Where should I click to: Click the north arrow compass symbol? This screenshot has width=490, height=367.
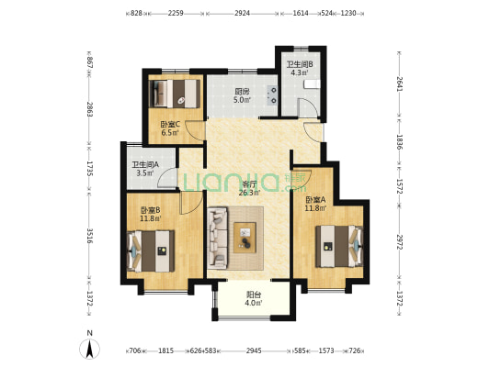pos(90,348)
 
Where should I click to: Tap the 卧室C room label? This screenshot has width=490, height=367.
pos(170,125)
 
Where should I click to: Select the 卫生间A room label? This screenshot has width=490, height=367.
pos(145,164)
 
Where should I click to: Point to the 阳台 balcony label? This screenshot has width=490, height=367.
pos(254,295)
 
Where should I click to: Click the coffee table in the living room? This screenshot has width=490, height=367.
pos(245,238)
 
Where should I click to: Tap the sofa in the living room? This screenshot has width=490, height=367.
pos(217,238)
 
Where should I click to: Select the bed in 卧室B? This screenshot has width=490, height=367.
pos(151,251)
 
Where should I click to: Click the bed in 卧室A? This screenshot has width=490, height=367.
pos(339,246)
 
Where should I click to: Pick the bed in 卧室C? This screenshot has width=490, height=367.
pos(175,94)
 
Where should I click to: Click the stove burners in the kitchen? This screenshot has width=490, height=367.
pos(272,95)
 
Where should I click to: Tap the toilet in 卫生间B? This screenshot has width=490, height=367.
pos(312,83)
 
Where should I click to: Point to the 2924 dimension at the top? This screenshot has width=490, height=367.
pos(242,14)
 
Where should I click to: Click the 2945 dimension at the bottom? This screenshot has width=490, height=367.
pos(254,351)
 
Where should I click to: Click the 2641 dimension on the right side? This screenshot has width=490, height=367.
pos(399,84)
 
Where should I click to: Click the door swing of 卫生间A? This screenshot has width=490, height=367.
pos(167,178)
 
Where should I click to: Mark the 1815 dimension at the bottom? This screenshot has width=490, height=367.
pos(165,351)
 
